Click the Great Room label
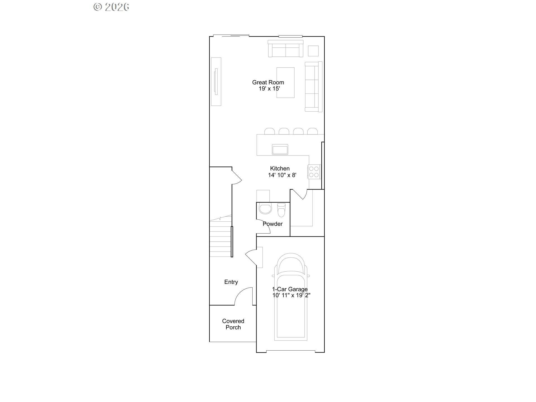(x=268, y=82)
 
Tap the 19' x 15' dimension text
(x=269, y=89)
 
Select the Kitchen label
(x=280, y=168)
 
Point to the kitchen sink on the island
(x=280, y=150)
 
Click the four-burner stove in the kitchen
(x=314, y=172)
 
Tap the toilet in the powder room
(x=281, y=210)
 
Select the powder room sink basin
(x=265, y=209)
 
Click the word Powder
(x=272, y=224)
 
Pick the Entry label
(x=231, y=282)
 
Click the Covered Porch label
(x=233, y=324)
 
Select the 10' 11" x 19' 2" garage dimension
(x=291, y=295)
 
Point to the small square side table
(x=313, y=51)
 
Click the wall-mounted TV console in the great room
(x=216, y=82)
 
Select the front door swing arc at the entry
(x=243, y=296)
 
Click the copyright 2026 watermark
(x=111, y=7)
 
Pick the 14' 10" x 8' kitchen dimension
(x=282, y=175)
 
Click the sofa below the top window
(x=285, y=49)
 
